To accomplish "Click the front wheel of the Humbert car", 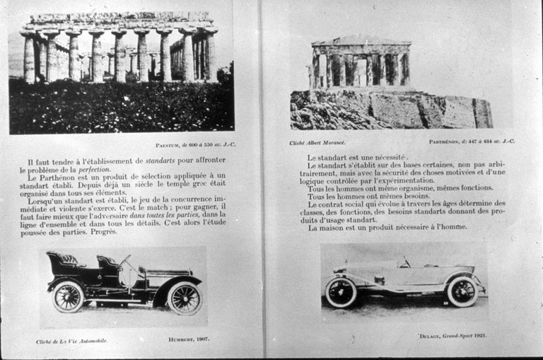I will [184, 298].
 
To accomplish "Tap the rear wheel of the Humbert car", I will [69, 296].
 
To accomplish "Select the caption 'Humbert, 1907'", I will [187, 340].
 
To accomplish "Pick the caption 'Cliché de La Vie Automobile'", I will [72, 341].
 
